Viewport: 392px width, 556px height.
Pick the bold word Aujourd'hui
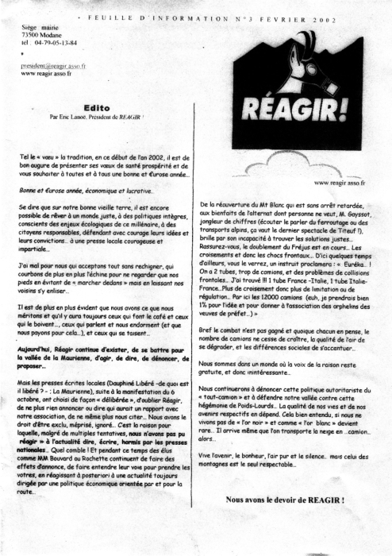[x=40, y=326]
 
